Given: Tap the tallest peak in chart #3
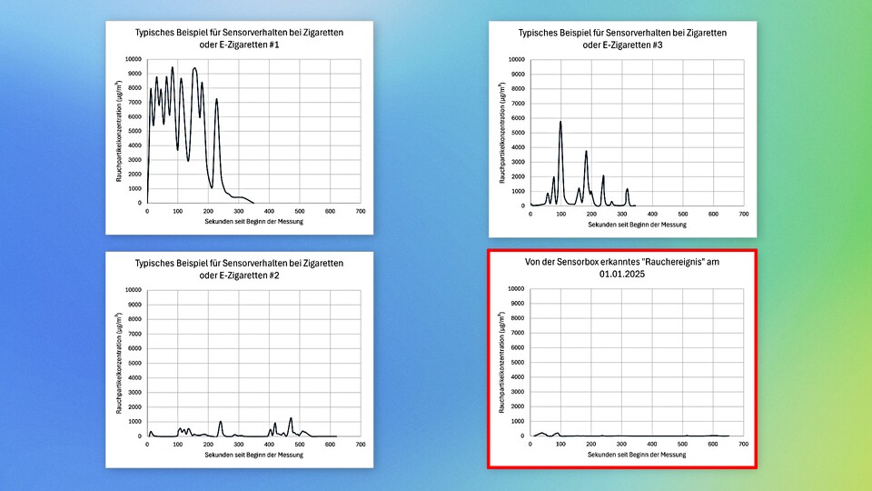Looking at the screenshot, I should tap(560, 122).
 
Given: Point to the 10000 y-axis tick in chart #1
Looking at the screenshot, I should tap(133, 59).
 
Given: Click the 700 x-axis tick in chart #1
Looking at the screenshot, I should tap(360, 212).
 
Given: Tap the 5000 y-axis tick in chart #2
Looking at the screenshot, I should tap(134, 363).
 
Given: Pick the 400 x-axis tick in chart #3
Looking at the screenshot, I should tap(652, 215).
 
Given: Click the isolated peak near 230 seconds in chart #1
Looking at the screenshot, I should tap(216, 100).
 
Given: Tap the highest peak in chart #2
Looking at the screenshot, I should tap(291, 418).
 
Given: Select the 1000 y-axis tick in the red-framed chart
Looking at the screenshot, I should tap(518, 421).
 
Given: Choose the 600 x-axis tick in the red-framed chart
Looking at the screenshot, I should tap(713, 445).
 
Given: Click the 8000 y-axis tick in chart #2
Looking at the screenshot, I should tap(134, 319).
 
